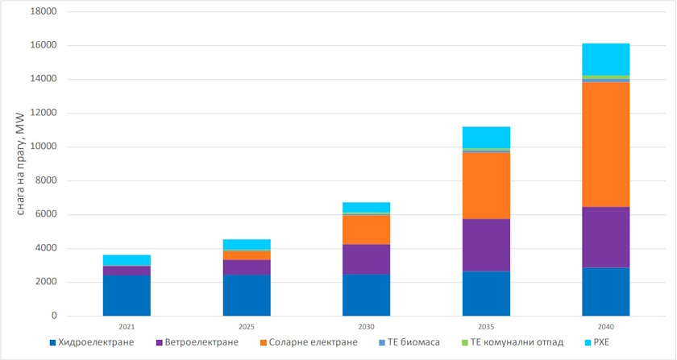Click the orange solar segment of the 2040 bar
tap(605, 144)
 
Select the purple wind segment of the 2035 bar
tap(486, 245)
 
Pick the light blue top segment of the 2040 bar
tap(605, 59)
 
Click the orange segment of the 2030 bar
tap(366, 230)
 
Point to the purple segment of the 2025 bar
tap(247, 267)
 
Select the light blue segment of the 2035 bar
tap(486, 137)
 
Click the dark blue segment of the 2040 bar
tap(605, 292)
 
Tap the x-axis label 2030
tap(366, 328)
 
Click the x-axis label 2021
tap(127, 328)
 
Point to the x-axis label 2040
tap(605, 328)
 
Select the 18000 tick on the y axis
tap(44, 12)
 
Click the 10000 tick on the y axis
tap(44, 147)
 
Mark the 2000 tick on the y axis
tap(46, 282)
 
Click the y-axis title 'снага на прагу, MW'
tap(19, 165)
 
